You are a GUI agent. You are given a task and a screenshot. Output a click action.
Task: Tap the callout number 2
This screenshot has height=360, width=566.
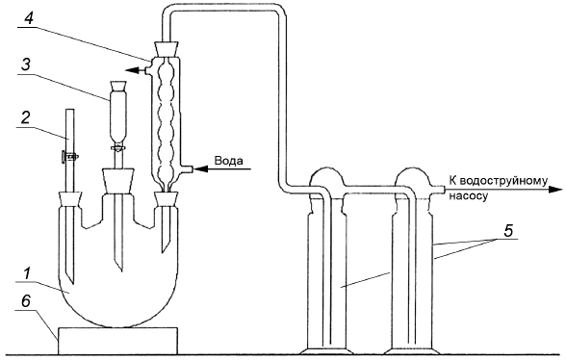click(25, 117)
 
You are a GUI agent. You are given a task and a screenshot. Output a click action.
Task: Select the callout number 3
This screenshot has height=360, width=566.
click(25, 65)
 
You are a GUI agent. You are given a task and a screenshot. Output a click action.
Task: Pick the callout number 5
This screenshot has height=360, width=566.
click(508, 231)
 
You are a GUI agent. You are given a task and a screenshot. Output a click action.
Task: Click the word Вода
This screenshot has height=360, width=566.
click(228, 161)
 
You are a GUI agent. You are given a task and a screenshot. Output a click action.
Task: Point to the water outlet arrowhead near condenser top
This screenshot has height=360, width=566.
click(132, 70)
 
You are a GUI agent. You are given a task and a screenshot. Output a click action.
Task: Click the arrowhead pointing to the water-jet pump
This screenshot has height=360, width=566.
click(555, 190)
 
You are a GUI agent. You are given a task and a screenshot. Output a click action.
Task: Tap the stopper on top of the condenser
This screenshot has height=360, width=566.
click(167, 49)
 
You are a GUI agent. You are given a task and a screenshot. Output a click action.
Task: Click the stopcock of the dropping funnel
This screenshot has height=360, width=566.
click(118, 147)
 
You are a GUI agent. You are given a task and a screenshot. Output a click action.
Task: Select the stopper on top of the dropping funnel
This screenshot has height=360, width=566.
click(118, 87)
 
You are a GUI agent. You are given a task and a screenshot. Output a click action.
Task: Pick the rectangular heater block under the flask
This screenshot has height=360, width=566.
click(117, 341)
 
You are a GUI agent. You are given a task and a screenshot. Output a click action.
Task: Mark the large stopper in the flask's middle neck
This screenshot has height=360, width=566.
click(118, 181)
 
